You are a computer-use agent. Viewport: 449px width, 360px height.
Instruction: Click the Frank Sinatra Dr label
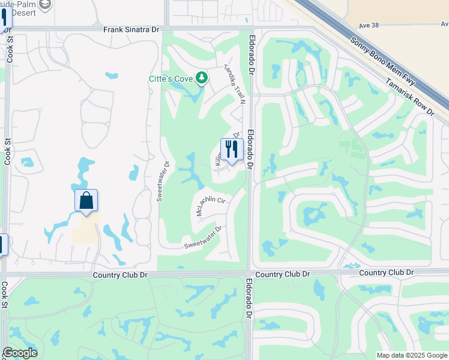(131, 28)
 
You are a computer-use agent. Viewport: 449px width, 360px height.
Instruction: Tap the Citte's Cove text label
(172, 79)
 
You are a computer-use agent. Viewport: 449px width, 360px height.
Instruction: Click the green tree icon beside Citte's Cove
(202, 78)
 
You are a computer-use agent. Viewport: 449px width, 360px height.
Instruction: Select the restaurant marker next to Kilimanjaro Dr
(232, 149)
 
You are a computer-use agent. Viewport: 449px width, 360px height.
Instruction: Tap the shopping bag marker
(86, 201)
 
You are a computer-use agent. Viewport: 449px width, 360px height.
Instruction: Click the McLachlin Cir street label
(210, 206)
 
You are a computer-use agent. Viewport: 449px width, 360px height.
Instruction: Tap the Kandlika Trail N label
(236, 84)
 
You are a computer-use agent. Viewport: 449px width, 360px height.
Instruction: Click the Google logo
(20, 353)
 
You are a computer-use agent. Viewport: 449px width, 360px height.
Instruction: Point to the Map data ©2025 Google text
(412, 355)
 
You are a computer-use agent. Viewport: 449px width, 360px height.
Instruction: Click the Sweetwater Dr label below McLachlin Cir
(203, 238)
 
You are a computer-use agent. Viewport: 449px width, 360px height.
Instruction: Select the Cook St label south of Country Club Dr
(4, 295)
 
